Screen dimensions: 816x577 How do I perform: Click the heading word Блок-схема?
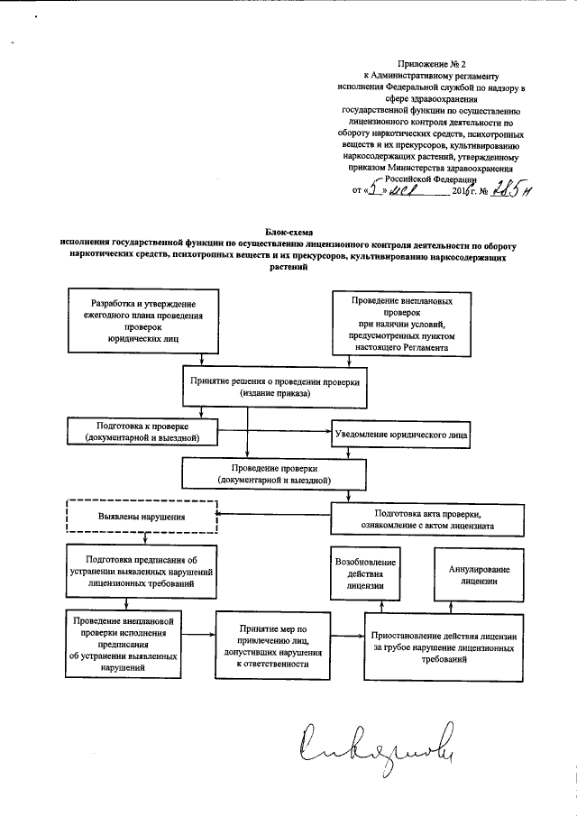(x=288, y=233)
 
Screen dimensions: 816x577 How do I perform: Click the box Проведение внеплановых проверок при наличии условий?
(x=401, y=321)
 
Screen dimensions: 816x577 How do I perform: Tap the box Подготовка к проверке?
(x=144, y=430)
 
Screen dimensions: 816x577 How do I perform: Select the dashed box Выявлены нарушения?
(x=142, y=517)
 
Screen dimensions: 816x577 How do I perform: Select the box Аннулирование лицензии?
(x=479, y=575)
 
